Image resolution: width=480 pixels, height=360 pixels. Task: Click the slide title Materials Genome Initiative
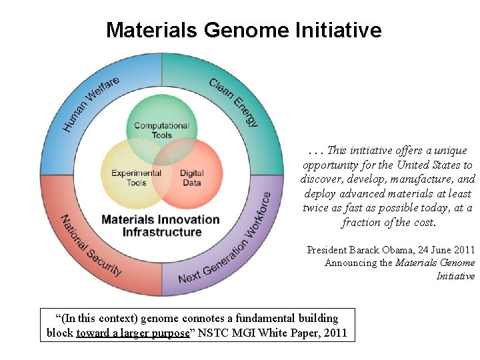point(243,30)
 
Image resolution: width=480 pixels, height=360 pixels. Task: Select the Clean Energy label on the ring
point(234,102)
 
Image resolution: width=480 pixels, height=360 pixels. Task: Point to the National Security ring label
point(91,246)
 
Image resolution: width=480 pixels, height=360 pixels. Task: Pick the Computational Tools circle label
point(161,130)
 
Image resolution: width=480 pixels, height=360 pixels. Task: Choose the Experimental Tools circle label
point(136,178)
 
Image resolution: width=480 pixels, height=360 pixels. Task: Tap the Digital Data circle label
point(191,178)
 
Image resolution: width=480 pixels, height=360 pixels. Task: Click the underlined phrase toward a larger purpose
point(133,332)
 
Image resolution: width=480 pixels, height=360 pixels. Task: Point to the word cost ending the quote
point(423,223)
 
